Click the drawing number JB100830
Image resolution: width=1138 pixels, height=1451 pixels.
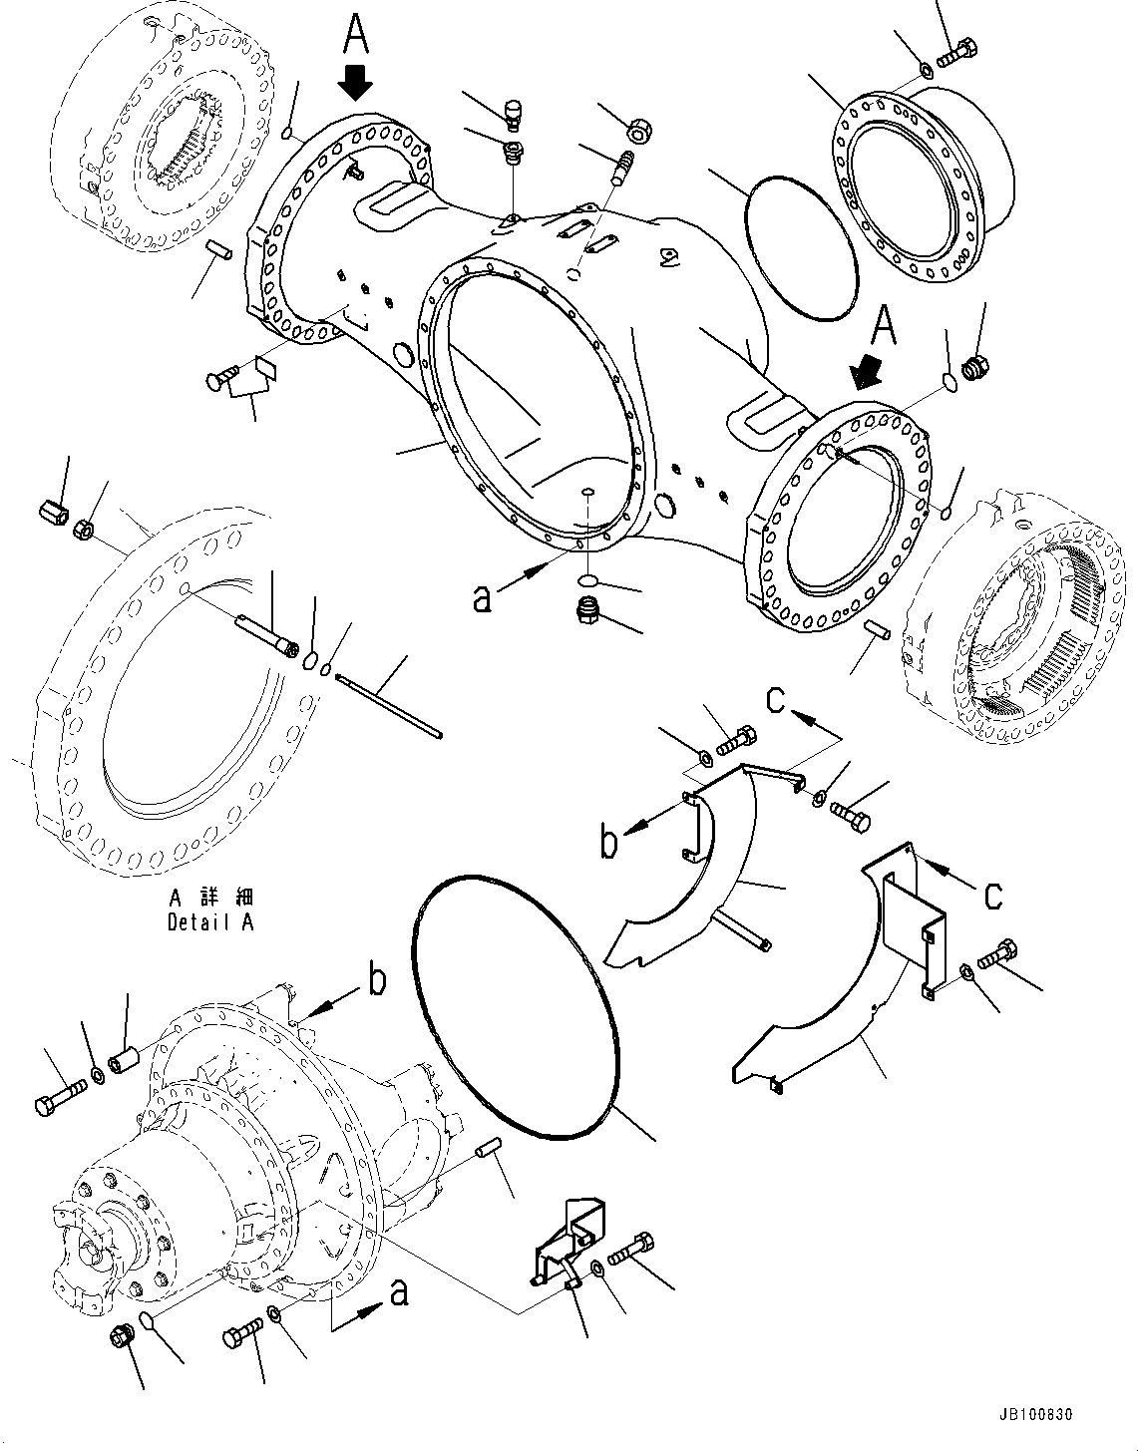pyautogui.click(x=1032, y=1415)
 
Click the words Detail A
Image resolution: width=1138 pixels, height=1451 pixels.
pyautogui.click(x=210, y=922)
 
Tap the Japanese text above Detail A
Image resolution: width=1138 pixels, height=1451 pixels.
pyautogui.click(x=210, y=899)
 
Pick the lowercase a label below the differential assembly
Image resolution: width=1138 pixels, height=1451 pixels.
pyautogui.click(x=399, y=1292)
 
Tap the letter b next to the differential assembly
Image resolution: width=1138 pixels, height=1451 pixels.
pyautogui.click(x=377, y=980)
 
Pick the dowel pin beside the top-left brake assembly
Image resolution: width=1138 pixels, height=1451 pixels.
pyautogui.click(x=217, y=249)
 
